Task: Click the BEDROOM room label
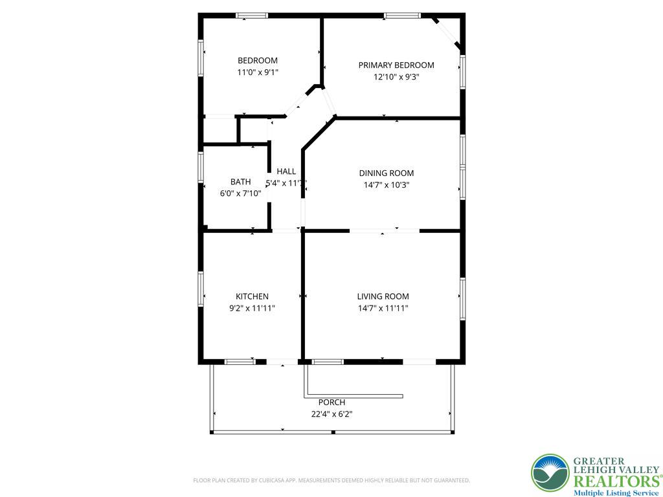click(258, 60)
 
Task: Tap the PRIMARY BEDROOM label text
click(396, 65)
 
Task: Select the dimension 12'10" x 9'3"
click(396, 77)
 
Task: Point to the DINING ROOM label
click(387, 173)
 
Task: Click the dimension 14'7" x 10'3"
click(387, 184)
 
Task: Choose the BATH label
click(241, 182)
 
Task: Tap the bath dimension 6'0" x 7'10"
click(241, 193)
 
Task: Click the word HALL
click(286, 171)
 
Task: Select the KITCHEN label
click(252, 296)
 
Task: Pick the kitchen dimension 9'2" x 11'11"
click(252, 308)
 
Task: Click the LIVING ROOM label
click(383, 296)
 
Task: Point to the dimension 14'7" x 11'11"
click(383, 308)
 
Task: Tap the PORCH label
click(332, 403)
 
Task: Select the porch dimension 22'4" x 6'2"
click(332, 414)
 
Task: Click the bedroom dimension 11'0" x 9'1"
click(258, 72)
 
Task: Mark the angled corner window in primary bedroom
click(447, 32)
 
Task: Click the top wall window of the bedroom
click(252, 16)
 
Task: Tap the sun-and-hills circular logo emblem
click(550, 473)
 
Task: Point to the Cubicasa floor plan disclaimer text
click(331, 481)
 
